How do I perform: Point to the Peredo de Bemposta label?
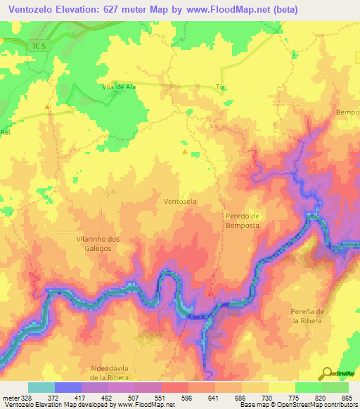[243, 221]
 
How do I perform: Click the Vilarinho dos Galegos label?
[98, 244]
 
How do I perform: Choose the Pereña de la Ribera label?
[310, 316]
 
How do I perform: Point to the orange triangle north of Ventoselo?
[185, 151]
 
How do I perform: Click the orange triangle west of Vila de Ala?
[47, 107]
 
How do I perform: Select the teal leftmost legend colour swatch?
[41, 387]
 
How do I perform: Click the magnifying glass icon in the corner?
[327, 374]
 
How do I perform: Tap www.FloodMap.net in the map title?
[222, 10]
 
